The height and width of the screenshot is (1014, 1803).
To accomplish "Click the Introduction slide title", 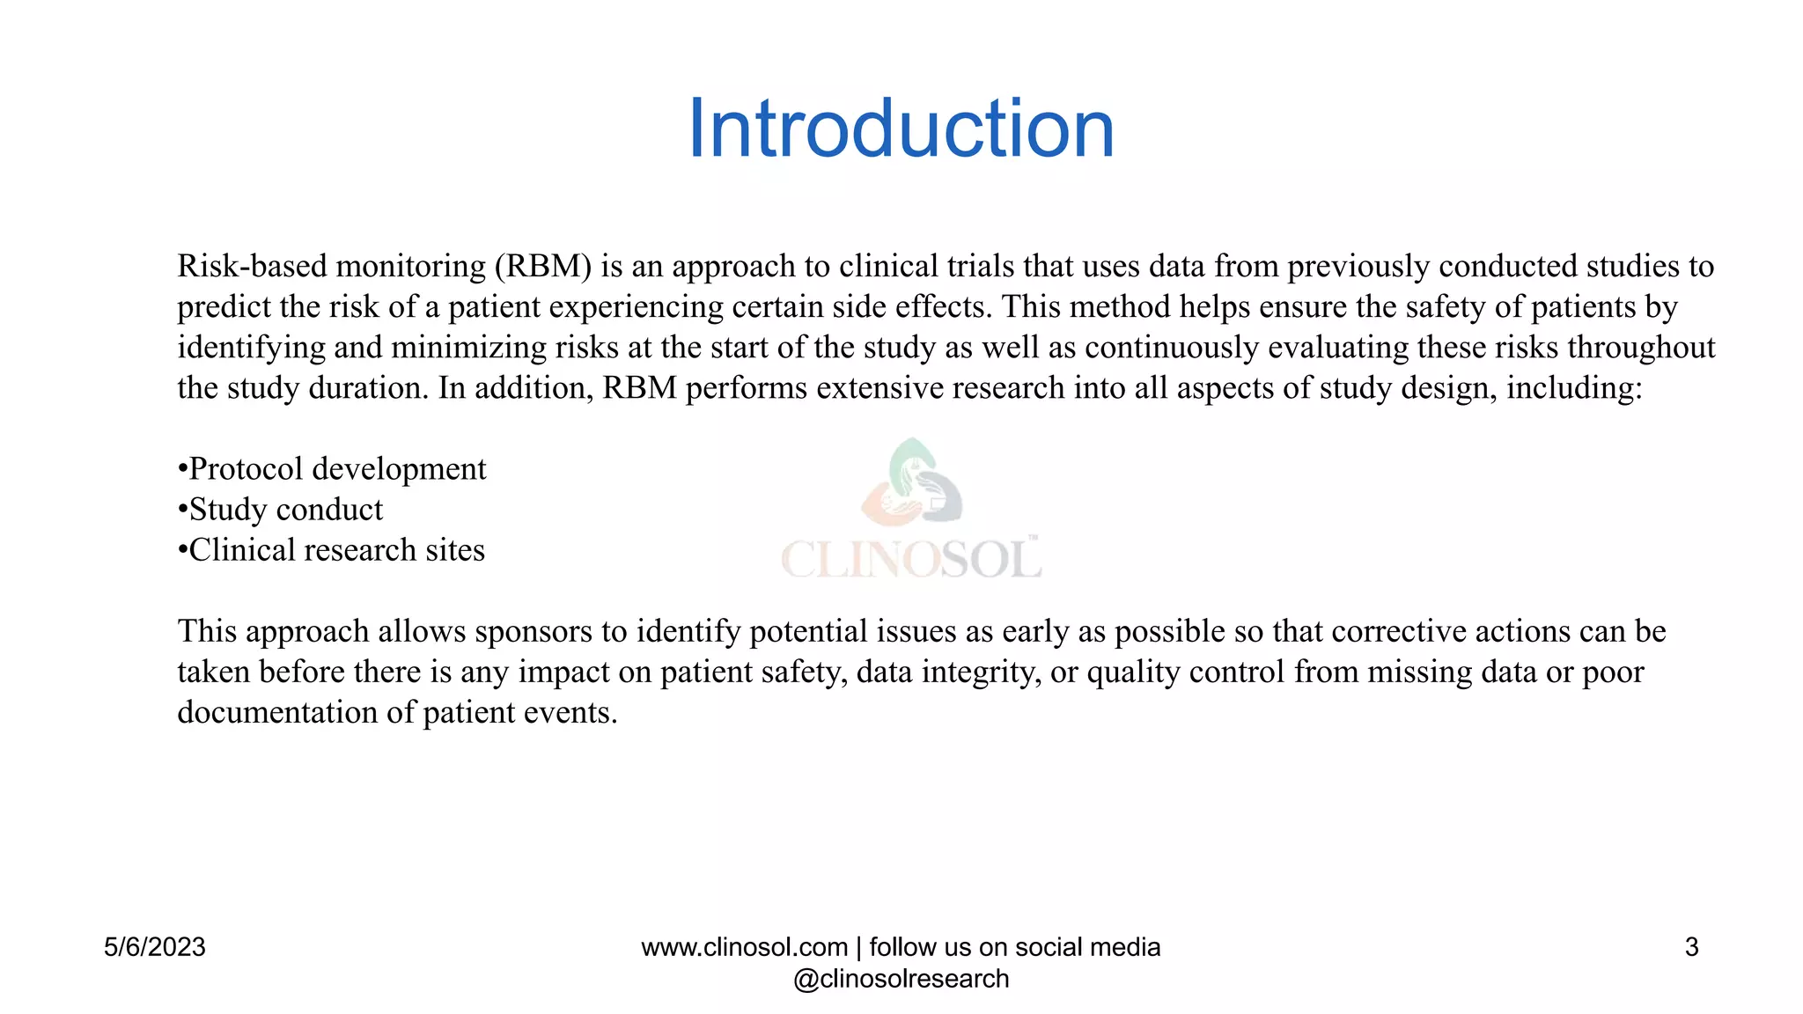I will point(901,129).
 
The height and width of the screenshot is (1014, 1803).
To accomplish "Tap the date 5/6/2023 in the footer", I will point(155,947).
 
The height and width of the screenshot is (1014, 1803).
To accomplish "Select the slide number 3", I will point(1691,947).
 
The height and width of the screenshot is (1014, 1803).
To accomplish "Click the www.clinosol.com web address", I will point(744,947).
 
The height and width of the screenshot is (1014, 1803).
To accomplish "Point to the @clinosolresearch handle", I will point(901,979).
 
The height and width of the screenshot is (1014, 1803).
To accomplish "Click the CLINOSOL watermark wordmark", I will point(911,560).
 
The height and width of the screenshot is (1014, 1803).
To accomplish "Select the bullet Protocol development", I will point(337,469).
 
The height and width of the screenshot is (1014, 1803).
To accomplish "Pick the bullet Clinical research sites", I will point(336,550).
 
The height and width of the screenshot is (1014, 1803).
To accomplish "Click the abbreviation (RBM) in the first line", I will point(542,266).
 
